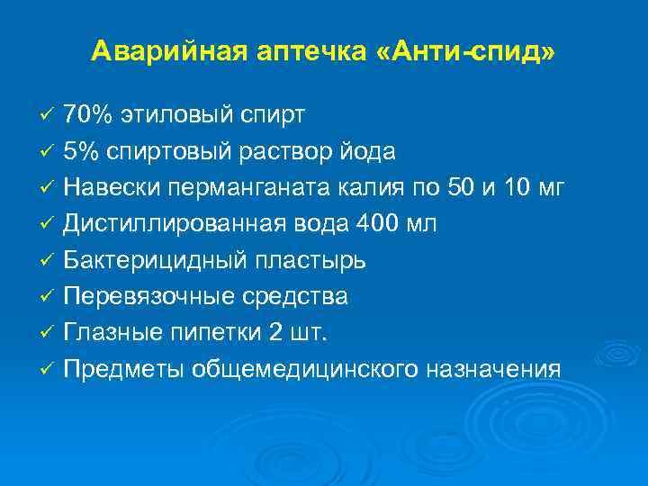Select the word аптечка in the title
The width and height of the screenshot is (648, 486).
pos(299,53)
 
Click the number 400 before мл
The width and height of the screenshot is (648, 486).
pos(376,223)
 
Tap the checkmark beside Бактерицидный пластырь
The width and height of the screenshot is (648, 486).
pos(50,261)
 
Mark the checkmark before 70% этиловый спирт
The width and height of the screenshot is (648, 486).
pos(50,115)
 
